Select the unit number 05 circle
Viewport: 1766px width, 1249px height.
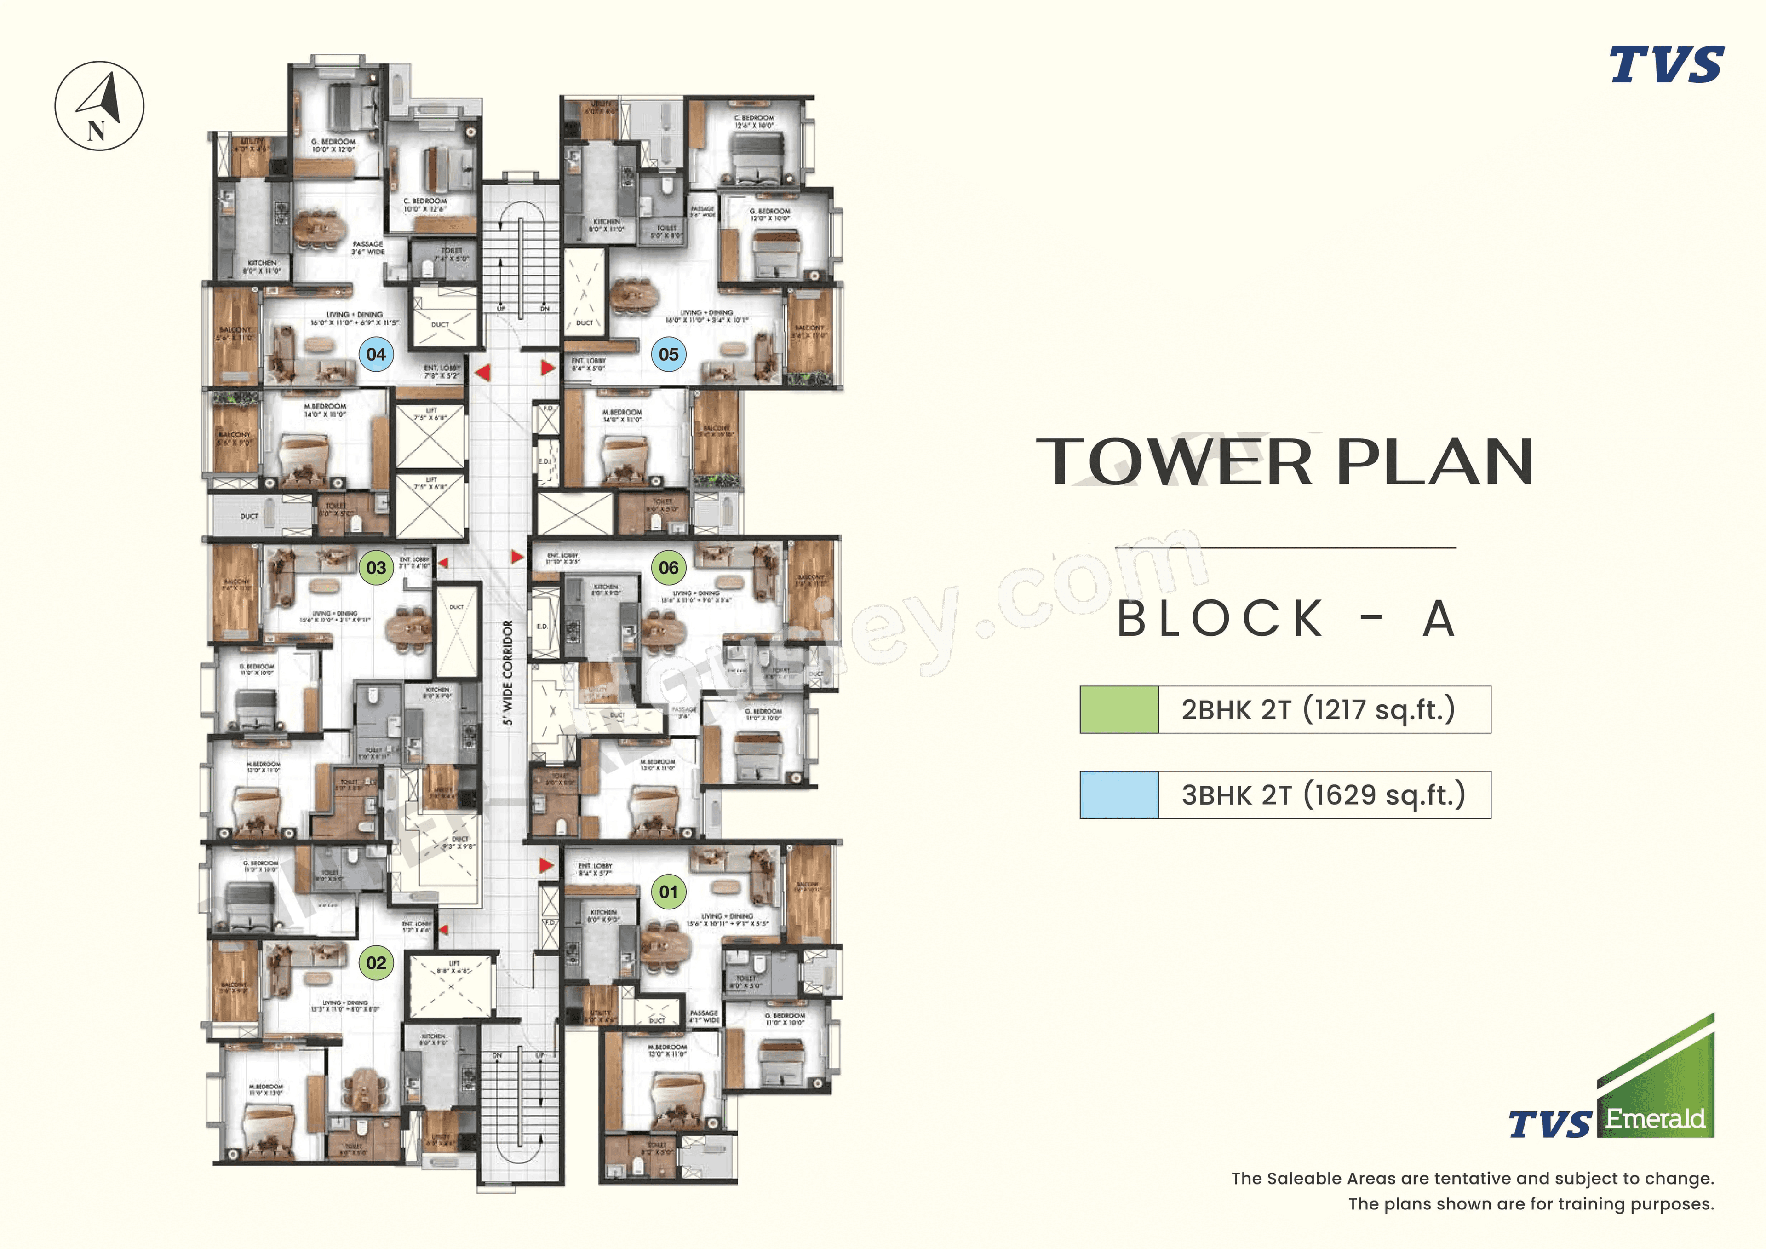click(668, 354)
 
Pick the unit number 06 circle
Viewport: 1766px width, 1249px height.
click(668, 568)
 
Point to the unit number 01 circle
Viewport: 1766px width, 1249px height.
click(668, 892)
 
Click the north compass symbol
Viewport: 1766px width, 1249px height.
click(100, 105)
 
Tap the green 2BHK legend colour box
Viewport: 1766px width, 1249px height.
click(1118, 709)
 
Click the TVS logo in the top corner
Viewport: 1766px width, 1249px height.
click(1666, 65)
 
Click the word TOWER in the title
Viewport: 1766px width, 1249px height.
click(1174, 462)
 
